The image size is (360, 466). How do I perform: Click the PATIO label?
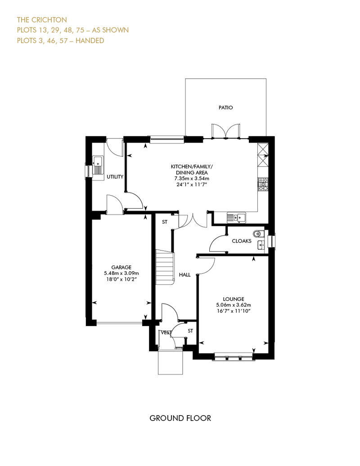(x=225, y=108)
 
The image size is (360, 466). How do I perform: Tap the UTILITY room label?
(x=115, y=177)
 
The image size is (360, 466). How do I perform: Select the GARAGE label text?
(x=121, y=268)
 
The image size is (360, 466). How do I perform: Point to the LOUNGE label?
(x=234, y=299)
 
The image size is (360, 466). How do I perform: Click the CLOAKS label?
(x=241, y=241)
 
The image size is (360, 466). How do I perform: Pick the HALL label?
(x=184, y=275)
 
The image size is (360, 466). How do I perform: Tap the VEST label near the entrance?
(x=166, y=332)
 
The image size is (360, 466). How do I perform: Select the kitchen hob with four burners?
(x=263, y=184)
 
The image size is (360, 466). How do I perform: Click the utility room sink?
(x=98, y=165)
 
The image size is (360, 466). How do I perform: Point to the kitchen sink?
(x=237, y=218)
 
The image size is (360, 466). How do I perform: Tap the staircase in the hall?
(x=165, y=267)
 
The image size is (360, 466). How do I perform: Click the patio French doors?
(x=225, y=131)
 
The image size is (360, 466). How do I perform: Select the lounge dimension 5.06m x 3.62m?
(x=234, y=305)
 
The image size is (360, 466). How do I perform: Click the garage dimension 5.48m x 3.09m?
(x=121, y=273)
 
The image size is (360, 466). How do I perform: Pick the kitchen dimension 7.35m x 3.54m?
(x=192, y=179)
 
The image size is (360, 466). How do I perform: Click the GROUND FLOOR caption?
(x=180, y=418)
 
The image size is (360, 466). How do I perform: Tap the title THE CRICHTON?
(x=42, y=20)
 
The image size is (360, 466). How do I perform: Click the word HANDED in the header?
(x=90, y=40)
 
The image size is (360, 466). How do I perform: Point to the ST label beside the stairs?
(x=165, y=222)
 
